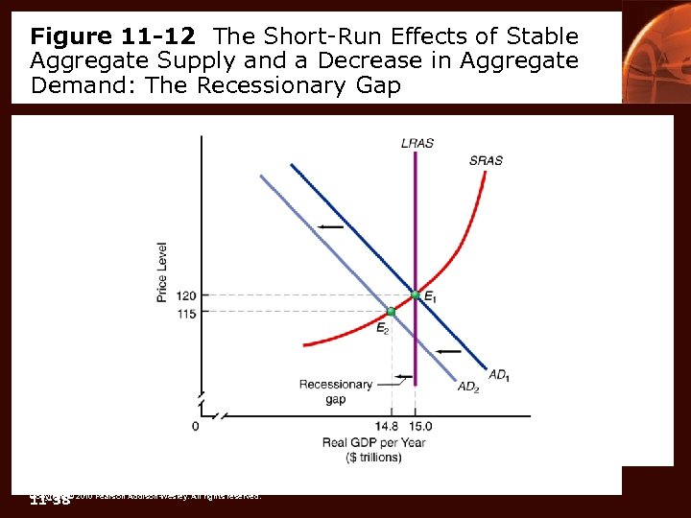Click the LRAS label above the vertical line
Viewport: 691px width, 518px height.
(417, 143)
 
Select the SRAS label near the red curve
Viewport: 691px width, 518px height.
(486, 160)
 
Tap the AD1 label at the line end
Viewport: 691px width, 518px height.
(499, 375)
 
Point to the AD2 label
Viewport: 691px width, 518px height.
(467, 388)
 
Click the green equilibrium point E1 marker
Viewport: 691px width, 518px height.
(415, 294)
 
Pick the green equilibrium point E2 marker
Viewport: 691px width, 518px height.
(391, 312)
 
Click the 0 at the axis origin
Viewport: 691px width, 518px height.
(195, 426)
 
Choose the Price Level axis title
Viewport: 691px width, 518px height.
(162, 271)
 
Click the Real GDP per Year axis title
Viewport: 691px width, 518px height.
(373, 442)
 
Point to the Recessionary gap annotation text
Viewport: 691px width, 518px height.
(335, 391)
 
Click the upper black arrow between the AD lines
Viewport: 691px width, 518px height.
(332, 226)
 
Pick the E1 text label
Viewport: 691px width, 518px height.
(430, 298)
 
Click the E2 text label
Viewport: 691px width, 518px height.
(382, 328)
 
